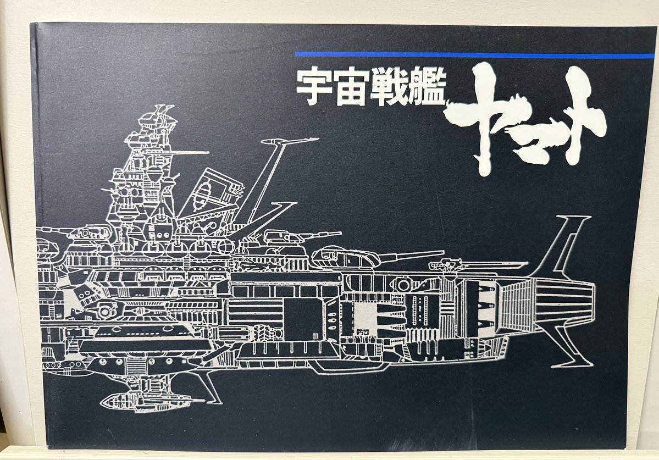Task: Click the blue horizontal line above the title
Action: point(473,55)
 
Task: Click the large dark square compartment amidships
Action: point(302,319)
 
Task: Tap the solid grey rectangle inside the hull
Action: point(366,319)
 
